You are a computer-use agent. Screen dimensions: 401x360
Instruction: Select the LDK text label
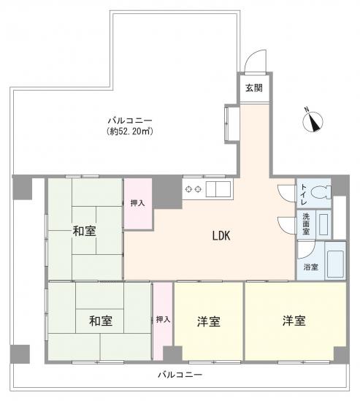point(221,236)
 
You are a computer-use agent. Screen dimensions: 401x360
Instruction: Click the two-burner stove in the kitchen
point(194,189)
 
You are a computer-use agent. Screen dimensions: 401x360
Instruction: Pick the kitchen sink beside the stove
point(218,189)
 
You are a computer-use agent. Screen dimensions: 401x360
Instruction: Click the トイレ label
point(304,194)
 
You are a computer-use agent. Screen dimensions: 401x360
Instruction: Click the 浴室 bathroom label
point(310,267)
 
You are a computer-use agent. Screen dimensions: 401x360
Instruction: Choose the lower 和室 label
point(100,319)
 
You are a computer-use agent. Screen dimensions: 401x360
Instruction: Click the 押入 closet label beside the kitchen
point(137,204)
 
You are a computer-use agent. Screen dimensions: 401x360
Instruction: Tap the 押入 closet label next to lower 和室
point(163,319)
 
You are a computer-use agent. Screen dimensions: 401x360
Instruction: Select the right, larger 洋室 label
point(294,321)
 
